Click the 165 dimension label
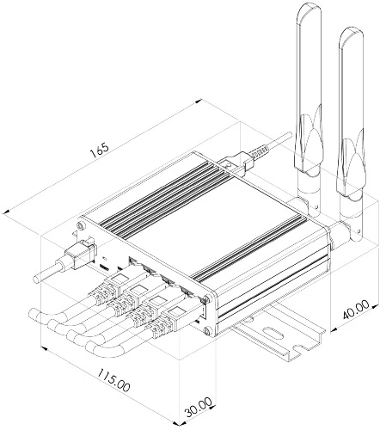(x=100, y=150)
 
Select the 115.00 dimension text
(x=113, y=380)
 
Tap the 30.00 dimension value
(x=199, y=407)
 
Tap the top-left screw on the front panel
(x=82, y=225)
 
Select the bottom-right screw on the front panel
(x=206, y=332)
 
